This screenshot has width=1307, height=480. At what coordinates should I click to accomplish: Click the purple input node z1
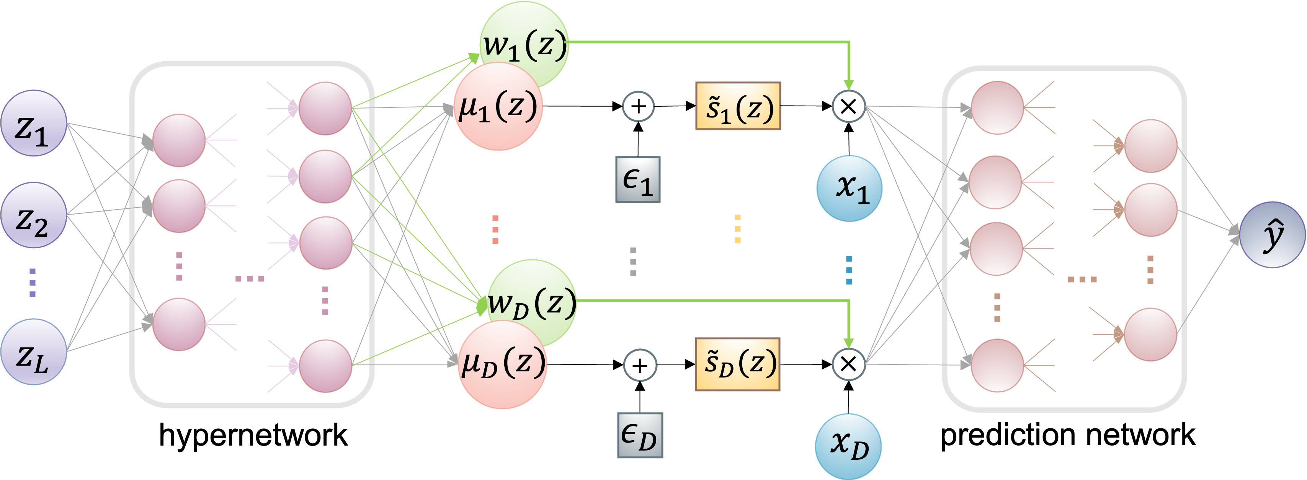click(33, 124)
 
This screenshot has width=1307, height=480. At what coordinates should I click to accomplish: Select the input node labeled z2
click(33, 215)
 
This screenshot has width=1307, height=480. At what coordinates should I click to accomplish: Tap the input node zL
click(33, 352)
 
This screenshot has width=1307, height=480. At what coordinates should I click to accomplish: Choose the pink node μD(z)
click(502, 365)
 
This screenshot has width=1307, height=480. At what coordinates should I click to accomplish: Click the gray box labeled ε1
click(638, 179)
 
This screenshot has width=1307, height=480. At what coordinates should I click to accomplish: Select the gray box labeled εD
click(640, 435)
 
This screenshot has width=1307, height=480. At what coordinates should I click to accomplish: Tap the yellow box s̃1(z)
click(738, 106)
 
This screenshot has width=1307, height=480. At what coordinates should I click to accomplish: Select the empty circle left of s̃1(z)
click(638, 106)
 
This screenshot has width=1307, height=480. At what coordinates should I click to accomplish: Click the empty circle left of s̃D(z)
click(640, 365)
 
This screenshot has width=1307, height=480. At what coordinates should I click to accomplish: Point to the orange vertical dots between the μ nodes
click(495, 229)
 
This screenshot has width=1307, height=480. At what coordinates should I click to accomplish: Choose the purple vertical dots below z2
click(33, 282)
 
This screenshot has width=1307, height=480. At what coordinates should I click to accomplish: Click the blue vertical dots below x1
click(849, 270)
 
